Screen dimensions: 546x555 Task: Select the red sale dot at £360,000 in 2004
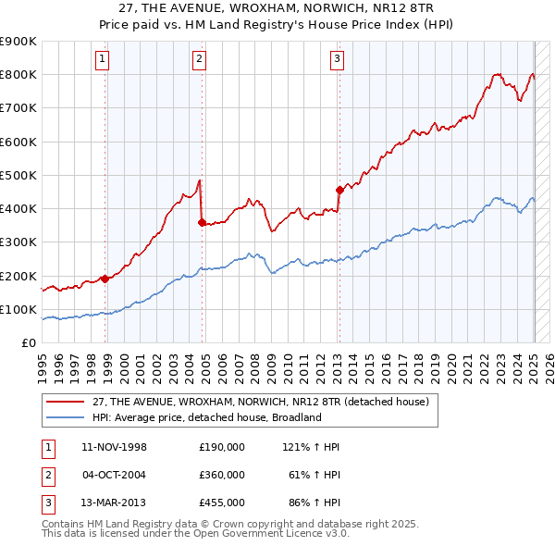[202, 222]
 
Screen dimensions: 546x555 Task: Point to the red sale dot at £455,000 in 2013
[339, 190]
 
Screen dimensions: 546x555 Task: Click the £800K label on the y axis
[18, 75]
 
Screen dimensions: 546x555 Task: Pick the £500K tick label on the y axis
[18, 175]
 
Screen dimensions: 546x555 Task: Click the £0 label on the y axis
[27, 342]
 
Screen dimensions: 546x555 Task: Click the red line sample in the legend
[67, 403]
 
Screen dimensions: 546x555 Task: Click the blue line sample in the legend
[67, 417]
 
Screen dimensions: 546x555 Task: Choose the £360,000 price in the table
[222, 475]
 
